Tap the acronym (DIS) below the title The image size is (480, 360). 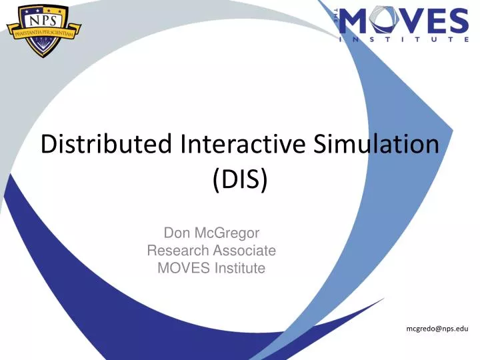pyautogui.click(x=240, y=179)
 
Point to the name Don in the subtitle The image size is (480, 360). pyautogui.click(x=176, y=233)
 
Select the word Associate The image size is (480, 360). pyautogui.click(x=244, y=251)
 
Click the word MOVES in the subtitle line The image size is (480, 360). pyautogui.click(x=181, y=268)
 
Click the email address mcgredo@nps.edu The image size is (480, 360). pyautogui.click(x=437, y=329)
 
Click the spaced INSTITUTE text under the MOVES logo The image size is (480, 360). pyautogui.click(x=403, y=39)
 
